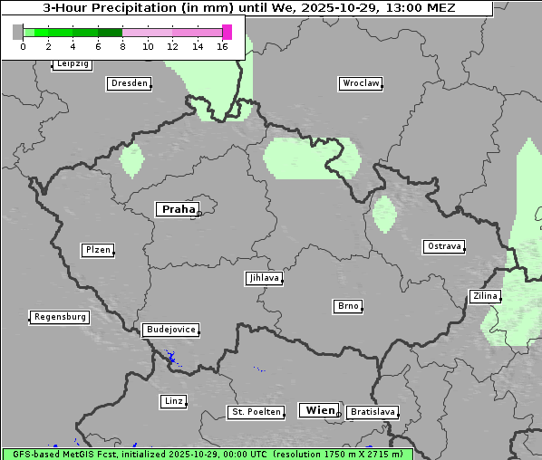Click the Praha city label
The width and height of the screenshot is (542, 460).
click(x=178, y=209)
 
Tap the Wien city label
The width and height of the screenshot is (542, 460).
click(x=320, y=410)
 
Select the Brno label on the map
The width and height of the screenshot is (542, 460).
click(x=348, y=307)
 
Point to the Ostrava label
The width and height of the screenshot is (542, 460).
click(x=444, y=246)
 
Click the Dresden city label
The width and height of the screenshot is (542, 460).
click(x=129, y=83)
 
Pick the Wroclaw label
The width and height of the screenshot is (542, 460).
click(x=361, y=83)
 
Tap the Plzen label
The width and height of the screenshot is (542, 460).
click(x=97, y=250)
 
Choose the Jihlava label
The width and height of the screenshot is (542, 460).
click(x=264, y=279)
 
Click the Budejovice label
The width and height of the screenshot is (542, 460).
click(x=170, y=330)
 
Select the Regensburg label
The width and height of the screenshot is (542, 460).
click(x=60, y=317)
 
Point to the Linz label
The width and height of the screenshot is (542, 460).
click(x=173, y=401)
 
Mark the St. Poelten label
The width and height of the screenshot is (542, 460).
click(x=256, y=412)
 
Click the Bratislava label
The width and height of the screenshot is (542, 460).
click(x=373, y=412)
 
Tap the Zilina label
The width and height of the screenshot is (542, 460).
click(x=485, y=296)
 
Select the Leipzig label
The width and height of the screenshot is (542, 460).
click(x=72, y=64)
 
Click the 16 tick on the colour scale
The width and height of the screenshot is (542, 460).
click(x=223, y=46)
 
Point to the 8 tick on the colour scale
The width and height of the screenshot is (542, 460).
click(x=122, y=46)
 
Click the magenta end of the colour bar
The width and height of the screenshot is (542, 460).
click(x=227, y=32)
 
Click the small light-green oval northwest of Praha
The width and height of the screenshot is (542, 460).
click(x=132, y=160)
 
